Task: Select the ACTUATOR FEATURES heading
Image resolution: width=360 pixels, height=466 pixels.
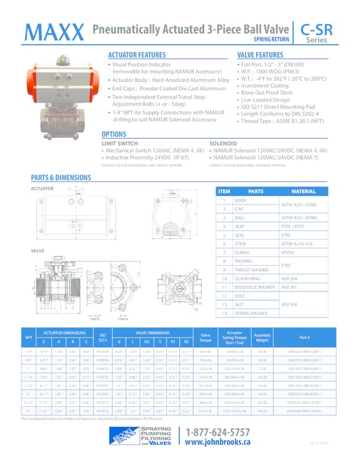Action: pos(137,55)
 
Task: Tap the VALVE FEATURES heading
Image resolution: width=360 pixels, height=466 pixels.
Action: pos(260,55)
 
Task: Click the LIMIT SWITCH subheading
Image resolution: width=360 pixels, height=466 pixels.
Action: pos(120,143)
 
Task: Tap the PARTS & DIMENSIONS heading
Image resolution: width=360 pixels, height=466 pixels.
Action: pos(61,177)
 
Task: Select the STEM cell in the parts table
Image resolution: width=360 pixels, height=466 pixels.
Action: pos(240,244)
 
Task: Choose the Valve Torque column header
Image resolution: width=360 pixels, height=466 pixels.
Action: pos(205,338)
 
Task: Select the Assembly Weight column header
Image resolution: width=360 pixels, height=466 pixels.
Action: pos(263,338)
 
